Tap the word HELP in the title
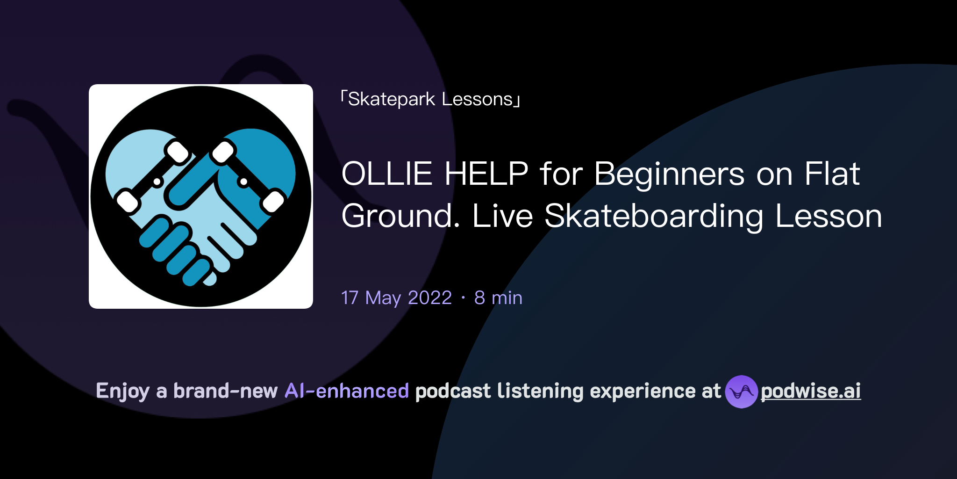[486, 174]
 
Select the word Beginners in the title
[669, 174]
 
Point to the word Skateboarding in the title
[654, 217]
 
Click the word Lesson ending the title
[828, 217]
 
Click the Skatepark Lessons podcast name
[430, 99]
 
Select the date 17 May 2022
[396, 298]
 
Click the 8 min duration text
[498, 298]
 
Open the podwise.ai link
[810, 391]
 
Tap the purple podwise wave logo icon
[741, 392]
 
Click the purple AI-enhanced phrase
[347, 391]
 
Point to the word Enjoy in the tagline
[122, 391]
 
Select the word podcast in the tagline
[453, 391]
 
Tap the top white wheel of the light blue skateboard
[178, 152]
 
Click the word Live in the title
[502, 217]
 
